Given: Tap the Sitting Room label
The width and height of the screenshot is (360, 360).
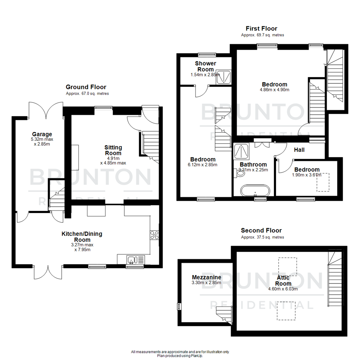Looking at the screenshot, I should [x=113, y=150].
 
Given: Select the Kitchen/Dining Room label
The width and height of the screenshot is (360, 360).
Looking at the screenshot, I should [x=82, y=236].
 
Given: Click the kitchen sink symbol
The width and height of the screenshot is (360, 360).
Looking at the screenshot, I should [x=132, y=259].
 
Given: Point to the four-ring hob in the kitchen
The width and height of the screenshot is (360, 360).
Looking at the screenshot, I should [x=155, y=235].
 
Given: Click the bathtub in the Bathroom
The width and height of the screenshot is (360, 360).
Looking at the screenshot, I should [x=255, y=191].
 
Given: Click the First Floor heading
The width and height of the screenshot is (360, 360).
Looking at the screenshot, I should [x=261, y=28].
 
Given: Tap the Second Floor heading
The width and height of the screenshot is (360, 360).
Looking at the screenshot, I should [x=261, y=230].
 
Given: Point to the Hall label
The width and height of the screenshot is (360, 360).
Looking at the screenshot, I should [x=299, y=150].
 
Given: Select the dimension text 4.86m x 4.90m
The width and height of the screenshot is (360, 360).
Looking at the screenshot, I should [x=274, y=90].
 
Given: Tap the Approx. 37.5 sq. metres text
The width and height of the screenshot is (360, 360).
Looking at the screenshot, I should [x=262, y=237].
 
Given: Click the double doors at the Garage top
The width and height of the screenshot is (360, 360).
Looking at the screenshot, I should [x=46, y=110].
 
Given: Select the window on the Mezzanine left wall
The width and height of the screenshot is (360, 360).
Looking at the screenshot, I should [x=178, y=306].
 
